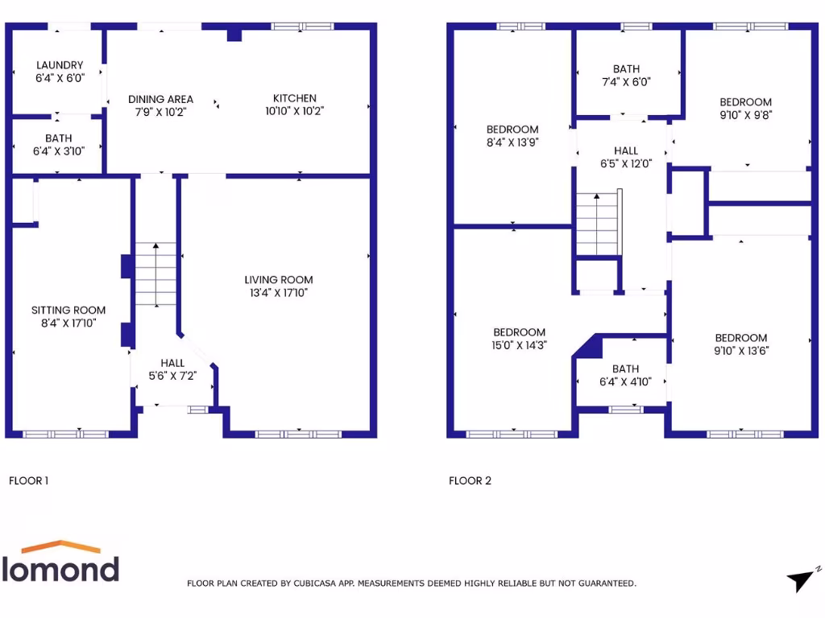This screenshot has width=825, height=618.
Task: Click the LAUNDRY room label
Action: pyautogui.click(x=59, y=65)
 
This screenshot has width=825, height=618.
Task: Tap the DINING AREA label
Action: pyautogui.click(x=160, y=99)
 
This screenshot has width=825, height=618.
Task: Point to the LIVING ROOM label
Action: pyautogui.click(x=279, y=280)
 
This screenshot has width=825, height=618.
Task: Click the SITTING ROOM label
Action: pyautogui.click(x=68, y=310)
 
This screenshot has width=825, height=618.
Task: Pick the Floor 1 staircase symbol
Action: pyautogui.click(x=155, y=274)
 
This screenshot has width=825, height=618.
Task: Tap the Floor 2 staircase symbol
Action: pyautogui.click(x=597, y=225)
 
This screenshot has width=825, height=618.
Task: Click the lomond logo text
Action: pyautogui.click(x=61, y=567)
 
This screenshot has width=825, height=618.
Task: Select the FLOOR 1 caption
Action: pyautogui.click(x=28, y=481)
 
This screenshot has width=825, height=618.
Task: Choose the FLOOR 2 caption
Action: pyautogui.click(x=470, y=481)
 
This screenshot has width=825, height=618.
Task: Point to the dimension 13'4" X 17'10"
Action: pyautogui.click(x=279, y=293)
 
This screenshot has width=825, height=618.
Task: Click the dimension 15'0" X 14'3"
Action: pyautogui.click(x=519, y=345)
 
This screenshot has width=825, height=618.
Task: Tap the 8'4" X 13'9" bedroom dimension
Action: pyautogui.click(x=512, y=142)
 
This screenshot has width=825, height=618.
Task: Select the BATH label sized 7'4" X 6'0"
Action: pyautogui.click(x=626, y=70)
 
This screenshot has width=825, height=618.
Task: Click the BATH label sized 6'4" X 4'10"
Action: pyautogui.click(x=625, y=369)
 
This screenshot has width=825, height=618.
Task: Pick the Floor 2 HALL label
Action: pyautogui.click(x=626, y=150)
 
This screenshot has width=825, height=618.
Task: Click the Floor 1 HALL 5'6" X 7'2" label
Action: pyautogui.click(x=172, y=363)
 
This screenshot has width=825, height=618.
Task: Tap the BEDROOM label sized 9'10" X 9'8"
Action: pyautogui.click(x=745, y=102)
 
